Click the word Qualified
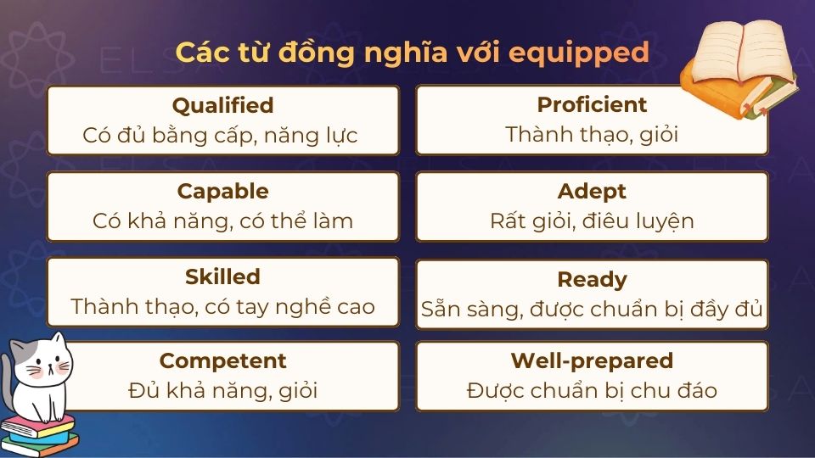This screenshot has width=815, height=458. pyautogui.click(x=222, y=105)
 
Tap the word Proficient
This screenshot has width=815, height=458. pyautogui.click(x=592, y=104)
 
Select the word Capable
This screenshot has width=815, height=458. pyautogui.click(x=222, y=191)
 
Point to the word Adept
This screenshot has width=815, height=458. pyautogui.click(x=592, y=191)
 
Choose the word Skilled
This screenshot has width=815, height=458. pyautogui.click(x=222, y=276)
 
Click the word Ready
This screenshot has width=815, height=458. pyautogui.click(x=592, y=279)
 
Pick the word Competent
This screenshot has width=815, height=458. pyautogui.click(x=222, y=360)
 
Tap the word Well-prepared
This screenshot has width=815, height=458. pyautogui.click(x=592, y=360)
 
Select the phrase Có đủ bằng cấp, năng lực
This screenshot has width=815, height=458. pyautogui.click(x=221, y=135)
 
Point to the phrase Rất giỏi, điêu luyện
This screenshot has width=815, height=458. pyautogui.click(x=592, y=221)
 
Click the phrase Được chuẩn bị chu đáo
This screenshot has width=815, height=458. pyautogui.click(x=592, y=391)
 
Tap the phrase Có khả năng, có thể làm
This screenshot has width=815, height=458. pyautogui.click(x=222, y=221)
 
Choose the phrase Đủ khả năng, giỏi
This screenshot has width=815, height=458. pyautogui.click(x=222, y=391)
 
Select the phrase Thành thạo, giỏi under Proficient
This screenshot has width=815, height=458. pyautogui.click(x=592, y=135)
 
